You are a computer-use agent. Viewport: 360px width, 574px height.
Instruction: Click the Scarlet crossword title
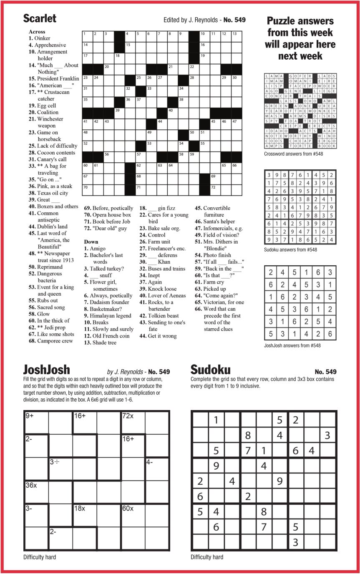pyautogui.click(x=40, y=18)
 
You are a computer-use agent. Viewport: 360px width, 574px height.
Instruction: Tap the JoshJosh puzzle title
pyautogui.click(x=46, y=370)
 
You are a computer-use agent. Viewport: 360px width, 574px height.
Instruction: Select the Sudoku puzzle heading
pyautogui.click(x=210, y=370)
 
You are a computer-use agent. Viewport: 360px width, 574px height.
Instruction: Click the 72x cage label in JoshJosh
pyautogui.click(x=128, y=416)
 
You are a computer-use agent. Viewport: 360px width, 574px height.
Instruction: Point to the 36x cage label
pyautogui.click(x=31, y=485)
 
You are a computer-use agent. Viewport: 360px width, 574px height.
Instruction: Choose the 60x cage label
pyautogui.click(x=128, y=508)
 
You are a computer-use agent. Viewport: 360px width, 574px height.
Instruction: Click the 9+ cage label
pyautogui.click(x=30, y=416)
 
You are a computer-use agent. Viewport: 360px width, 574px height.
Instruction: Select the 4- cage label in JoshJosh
pyautogui.click(x=150, y=462)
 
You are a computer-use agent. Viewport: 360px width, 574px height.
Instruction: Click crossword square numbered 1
pyautogui.click(x=87, y=36)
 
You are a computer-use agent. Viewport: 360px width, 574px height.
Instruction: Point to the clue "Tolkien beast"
pyautogui.click(x=159, y=316)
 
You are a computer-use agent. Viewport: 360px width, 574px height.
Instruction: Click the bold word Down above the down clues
pyautogui.click(x=91, y=242)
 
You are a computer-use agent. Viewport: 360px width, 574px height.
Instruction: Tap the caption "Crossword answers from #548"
pyautogui.click(x=294, y=154)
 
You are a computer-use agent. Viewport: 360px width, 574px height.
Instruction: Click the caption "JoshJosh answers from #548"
pyautogui.click(x=292, y=345)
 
